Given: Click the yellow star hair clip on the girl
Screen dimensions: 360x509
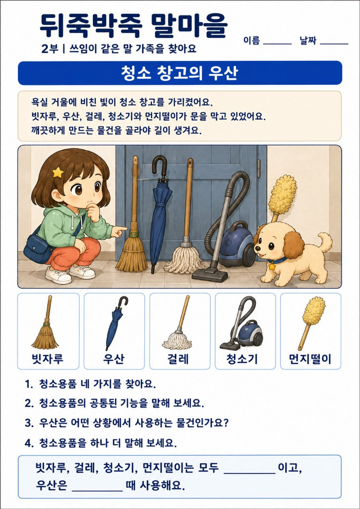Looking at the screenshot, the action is [x=58, y=172].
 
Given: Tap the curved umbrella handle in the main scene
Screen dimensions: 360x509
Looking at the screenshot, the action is [x=159, y=166].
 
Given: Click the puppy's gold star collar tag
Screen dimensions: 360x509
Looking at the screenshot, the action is [x=272, y=266].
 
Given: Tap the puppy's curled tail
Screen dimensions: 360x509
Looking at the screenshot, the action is [x=325, y=241].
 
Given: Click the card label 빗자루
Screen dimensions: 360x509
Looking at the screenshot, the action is [x=48, y=359].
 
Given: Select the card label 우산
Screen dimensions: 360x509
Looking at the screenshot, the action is [x=114, y=359].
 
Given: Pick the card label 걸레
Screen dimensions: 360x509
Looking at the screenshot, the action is [x=180, y=359].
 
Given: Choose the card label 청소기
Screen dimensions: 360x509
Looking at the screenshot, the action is [x=245, y=359].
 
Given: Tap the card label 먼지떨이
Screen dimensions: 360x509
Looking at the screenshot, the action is [x=310, y=359].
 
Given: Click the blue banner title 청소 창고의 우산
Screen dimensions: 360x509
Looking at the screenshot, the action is [x=180, y=73].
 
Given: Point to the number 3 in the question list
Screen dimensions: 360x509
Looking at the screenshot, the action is [x=27, y=424].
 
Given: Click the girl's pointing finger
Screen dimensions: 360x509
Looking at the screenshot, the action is [x=122, y=229].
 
